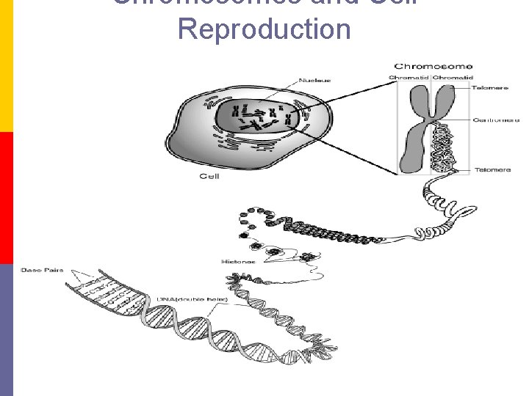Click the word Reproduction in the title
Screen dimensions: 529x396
tap(264, 29)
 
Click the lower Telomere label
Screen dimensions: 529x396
tap(492, 169)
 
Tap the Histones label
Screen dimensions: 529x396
tap(238, 261)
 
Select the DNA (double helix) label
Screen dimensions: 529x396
tap(192, 299)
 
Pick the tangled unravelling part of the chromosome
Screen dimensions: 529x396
tap(444, 147)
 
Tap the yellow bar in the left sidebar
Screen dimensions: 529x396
tap(6, 66)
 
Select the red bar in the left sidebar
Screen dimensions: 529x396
tap(6, 198)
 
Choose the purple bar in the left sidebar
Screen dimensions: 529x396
tap(6, 330)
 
